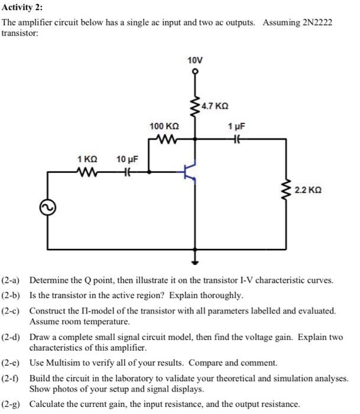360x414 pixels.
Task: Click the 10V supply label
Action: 194,61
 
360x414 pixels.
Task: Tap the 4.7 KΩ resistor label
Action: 215,106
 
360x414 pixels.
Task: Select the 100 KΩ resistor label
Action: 164,127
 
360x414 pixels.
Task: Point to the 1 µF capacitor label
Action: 236,127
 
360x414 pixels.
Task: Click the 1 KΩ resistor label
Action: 87,159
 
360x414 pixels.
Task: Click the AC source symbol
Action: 47,207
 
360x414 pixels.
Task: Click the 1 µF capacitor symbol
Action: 237,140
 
